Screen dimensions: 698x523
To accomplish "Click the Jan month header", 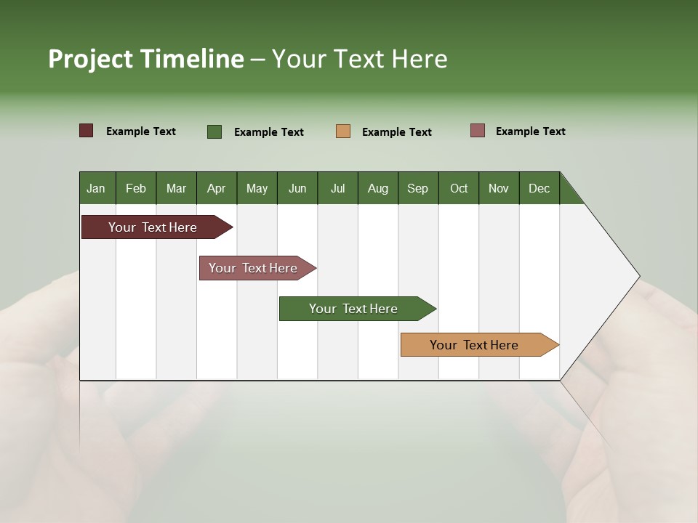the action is pyautogui.click(x=96, y=188).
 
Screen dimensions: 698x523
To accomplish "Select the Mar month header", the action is pyautogui.click(x=176, y=188).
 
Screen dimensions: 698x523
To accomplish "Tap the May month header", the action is pyautogui.click(x=257, y=188).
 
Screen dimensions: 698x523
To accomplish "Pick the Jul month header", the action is pyautogui.click(x=337, y=188).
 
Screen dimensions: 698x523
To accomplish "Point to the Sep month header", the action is pyautogui.click(x=417, y=188).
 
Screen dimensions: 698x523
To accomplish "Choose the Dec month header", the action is pyautogui.click(x=539, y=188).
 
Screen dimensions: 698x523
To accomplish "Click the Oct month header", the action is pyautogui.click(x=459, y=188).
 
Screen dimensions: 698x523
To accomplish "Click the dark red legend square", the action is pyautogui.click(x=87, y=131).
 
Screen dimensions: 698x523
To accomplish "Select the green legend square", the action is pyautogui.click(x=214, y=131).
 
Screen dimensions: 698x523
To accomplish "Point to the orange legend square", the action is pyautogui.click(x=343, y=131).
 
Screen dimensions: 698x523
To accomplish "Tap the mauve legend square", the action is pyautogui.click(x=478, y=131).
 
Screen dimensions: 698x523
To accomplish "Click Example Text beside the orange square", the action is pyautogui.click(x=396, y=132).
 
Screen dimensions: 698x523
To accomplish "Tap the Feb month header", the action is pyautogui.click(x=136, y=188).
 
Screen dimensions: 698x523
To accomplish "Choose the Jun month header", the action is pyautogui.click(x=297, y=188).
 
